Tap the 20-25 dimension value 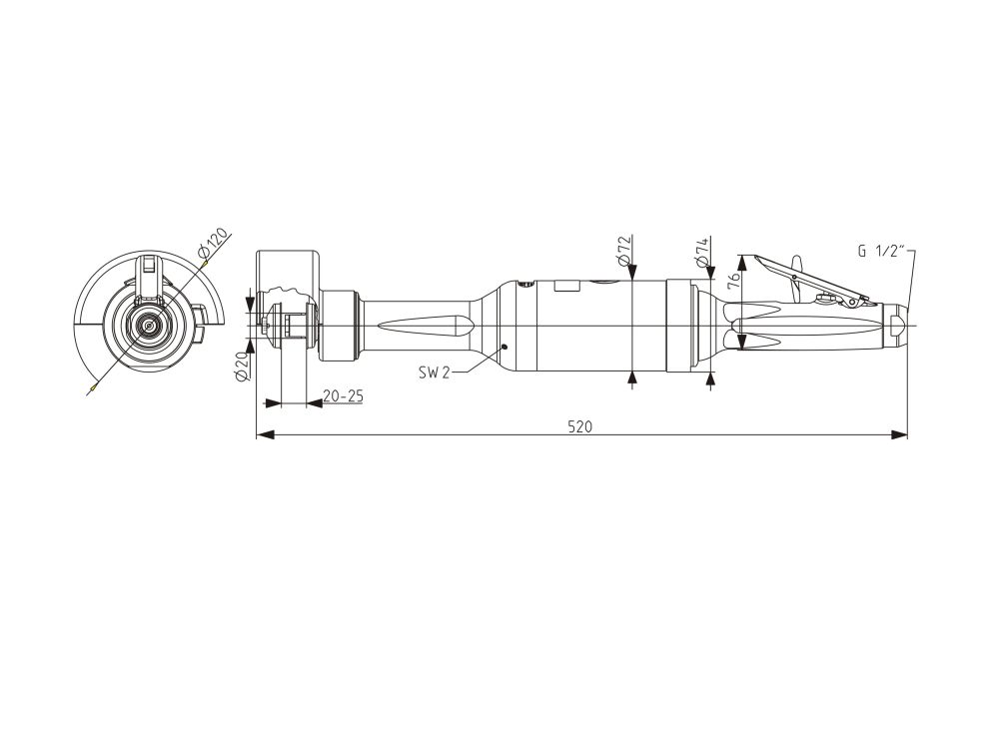coord(343,396)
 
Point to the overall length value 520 coord(579,426)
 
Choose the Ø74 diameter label coord(702,253)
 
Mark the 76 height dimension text coord(732,280)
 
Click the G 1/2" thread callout coord(881,251)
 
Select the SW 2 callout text coord(434,373)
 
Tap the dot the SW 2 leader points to coord(503,347)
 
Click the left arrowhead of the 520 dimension coord(265,435)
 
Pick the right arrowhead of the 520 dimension coord(899,435)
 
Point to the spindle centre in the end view coord(149,326)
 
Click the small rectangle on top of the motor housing coord(567,286)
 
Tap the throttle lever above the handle coord(811,279)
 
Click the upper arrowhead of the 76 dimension coord(741,263)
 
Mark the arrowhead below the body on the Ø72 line coord(632,379)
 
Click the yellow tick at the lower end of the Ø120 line coord(94,385)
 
